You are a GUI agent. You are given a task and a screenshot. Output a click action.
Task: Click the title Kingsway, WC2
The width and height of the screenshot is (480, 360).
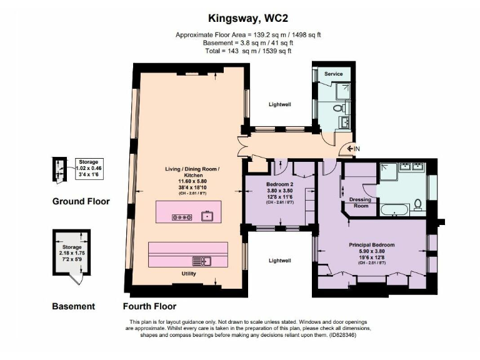pos(248,19)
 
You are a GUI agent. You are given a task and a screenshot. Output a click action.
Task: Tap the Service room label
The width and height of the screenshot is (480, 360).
pos(333,74)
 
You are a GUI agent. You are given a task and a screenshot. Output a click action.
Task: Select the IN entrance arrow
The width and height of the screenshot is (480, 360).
pos(350,149)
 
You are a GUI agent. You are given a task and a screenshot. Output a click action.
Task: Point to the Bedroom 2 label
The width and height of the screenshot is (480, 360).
pos(279,184)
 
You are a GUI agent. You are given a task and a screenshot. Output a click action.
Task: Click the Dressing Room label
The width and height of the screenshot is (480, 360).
pos(360,202)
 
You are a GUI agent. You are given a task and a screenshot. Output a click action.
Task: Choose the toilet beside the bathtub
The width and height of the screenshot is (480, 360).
pos(417,204)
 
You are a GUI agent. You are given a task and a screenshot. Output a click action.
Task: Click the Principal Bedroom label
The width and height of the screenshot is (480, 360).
pos(372,245)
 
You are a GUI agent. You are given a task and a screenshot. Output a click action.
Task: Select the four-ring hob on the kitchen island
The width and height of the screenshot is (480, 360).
pos(182,217)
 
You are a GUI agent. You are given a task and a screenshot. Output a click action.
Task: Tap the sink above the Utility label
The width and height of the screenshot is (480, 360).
pos(202,261)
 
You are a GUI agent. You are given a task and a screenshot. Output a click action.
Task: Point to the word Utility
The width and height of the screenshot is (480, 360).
pos(189,274)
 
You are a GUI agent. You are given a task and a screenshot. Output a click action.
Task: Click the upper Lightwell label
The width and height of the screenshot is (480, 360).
pos(280,104)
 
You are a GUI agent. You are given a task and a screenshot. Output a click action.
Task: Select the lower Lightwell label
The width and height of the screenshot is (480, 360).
pos(280,261)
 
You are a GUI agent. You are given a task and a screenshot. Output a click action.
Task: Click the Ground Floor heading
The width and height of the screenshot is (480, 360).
pos(81,201)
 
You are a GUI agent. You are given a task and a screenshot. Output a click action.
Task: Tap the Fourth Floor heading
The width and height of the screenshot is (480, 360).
pos(150,306)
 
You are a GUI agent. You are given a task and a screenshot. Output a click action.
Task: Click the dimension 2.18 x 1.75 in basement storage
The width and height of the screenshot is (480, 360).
pos(72,253)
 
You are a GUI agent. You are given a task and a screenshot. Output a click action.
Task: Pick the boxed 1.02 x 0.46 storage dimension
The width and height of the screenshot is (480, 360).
pos(89,168)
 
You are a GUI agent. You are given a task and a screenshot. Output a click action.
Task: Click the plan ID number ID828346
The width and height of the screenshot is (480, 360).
pos(342,335)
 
